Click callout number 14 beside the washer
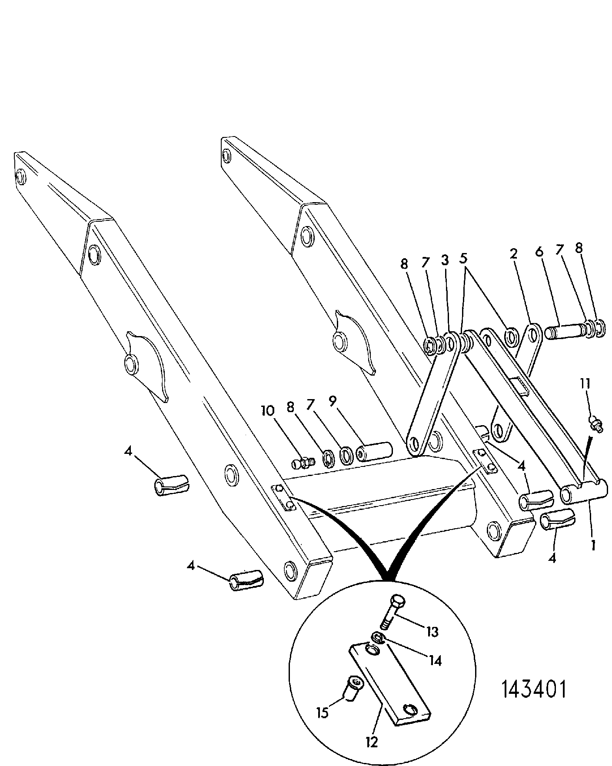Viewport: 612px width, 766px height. coord(435,661)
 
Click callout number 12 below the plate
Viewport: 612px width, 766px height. coord(372,742)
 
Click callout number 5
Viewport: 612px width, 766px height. coord(463,259)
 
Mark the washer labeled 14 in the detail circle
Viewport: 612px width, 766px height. coord(378,638)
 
